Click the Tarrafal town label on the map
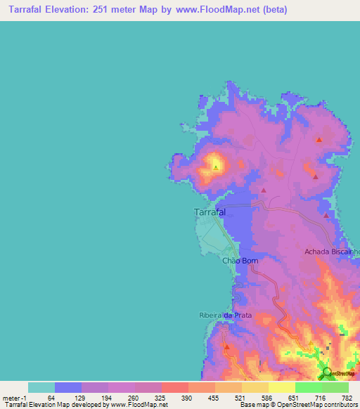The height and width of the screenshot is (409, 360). [210, 212]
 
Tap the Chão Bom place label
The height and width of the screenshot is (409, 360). [240, 261]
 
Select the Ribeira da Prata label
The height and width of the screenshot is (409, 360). [224, 316]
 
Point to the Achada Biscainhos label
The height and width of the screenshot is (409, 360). [332, 251]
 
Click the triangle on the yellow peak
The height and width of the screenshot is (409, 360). [215, 167]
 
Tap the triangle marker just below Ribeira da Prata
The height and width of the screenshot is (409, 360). [226, 347]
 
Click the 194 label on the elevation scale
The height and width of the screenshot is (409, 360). [104, 398]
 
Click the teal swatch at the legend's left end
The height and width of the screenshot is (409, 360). [41, 387]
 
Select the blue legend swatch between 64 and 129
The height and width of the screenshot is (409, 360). [68, 387]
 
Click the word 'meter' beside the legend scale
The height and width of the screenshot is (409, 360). [10, 398]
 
